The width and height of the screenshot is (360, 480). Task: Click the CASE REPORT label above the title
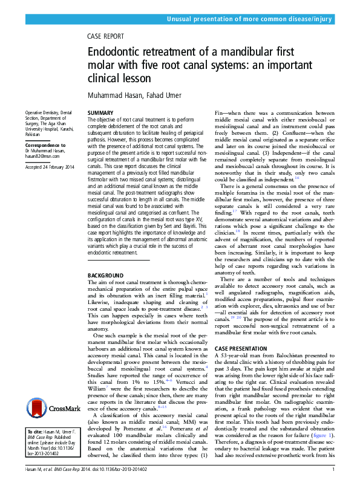(106, 36)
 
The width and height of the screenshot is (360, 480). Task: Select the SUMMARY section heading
(100, 113)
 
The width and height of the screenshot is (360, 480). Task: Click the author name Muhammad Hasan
(114, 95)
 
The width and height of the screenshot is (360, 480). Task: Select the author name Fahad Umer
(163, 95)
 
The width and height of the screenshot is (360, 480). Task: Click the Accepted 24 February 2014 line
(48, 167)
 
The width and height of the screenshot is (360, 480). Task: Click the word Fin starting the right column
(220, 113)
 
